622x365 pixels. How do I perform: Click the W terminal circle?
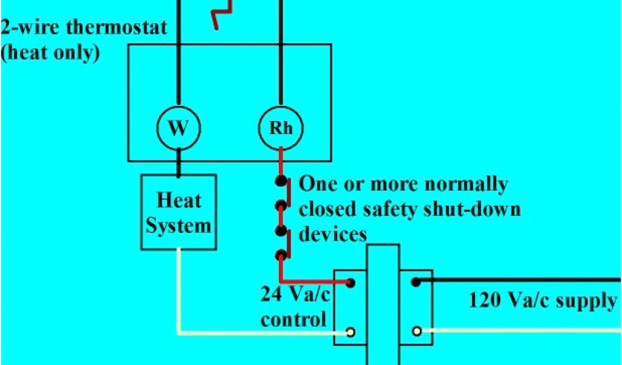(178, 128)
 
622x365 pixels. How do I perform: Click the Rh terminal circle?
(281, 128)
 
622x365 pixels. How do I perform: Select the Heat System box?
(179, 212)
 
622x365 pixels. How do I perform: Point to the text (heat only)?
(50, 52)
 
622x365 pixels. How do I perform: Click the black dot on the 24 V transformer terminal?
(350, 282)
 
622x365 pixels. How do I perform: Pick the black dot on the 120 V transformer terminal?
(416, 282)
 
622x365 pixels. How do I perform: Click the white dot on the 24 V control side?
(350, 332)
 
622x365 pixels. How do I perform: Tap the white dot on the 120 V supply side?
(416, 332)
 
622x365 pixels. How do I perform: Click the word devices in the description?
(333, 234)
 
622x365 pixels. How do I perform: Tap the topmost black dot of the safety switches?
(281, 181)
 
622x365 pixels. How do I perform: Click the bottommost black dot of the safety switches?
(281, 255)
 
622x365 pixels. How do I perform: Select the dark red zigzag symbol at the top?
(222, 14)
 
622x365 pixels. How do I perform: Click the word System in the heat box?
(179, 226)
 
